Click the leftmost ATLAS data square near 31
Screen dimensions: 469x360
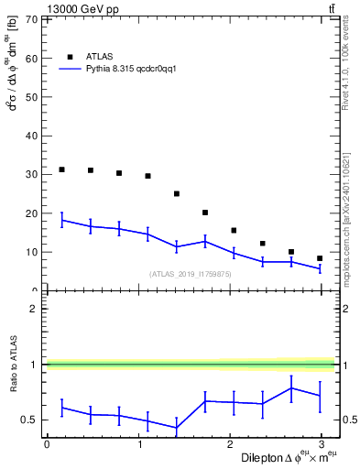coord(61,169)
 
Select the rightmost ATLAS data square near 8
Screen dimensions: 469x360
coord(320,258)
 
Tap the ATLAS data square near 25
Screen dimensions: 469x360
coord(177,193)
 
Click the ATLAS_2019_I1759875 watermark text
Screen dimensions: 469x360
coord(191,274)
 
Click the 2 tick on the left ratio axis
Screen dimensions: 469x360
coord(34,309)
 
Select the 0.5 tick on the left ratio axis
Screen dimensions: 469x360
coord(30,420)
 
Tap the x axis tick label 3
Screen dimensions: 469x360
coord(322,443)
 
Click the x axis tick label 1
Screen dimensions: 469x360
coord(138,443)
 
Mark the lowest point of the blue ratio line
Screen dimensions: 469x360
coord(177,428)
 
